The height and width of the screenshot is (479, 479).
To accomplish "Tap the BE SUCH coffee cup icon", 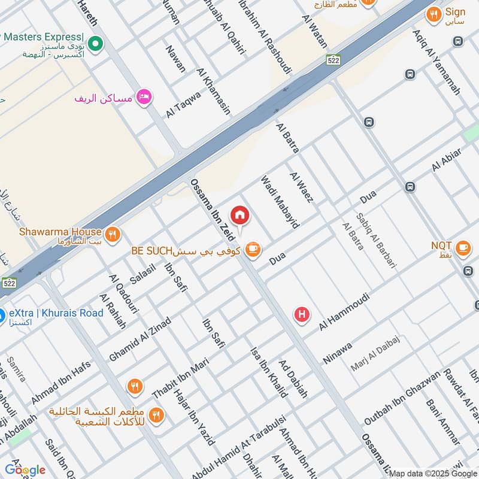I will (253, 249).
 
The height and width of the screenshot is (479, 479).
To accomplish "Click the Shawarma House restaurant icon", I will (112, 233).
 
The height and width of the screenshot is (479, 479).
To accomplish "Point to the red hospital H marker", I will (302, 314).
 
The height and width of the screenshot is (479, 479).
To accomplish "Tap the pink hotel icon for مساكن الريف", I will (144, 97).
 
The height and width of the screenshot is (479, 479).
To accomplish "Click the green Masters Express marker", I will (95, 44).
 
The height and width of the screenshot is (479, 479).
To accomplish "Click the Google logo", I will (25, 469).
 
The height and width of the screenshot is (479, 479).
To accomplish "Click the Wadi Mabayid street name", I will (279, 202).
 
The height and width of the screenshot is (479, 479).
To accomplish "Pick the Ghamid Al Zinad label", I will (140, 339).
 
